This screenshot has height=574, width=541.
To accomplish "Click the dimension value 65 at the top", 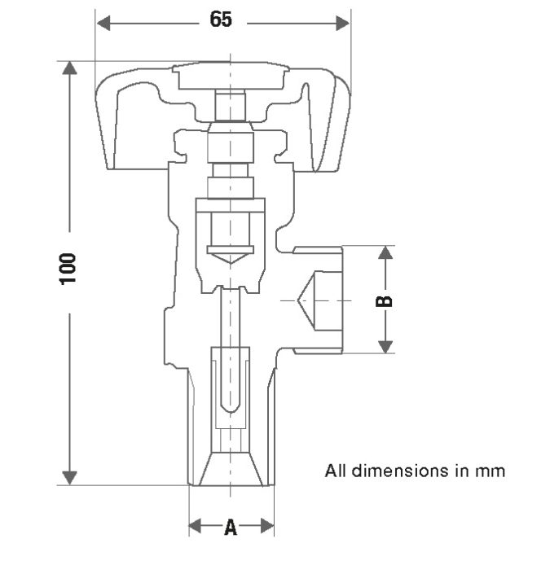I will [x=221, y=20].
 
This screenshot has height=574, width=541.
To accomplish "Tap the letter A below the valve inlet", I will [x=231, y=528].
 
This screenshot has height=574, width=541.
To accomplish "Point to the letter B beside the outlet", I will [x=385, y=300].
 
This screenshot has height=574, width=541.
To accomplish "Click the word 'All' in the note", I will [x=335, y=471].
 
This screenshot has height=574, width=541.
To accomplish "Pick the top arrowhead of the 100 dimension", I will [x=70, y=68].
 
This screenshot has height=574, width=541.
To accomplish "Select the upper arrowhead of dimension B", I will [x=386, y=252].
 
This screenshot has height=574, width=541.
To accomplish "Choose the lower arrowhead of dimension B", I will [x=386, y=346].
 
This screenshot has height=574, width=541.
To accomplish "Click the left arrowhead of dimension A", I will [x=196, y=527].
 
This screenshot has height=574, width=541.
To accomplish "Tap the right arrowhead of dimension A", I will [x=266, y=527].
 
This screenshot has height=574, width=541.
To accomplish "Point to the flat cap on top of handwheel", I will [x=231, y=78].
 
